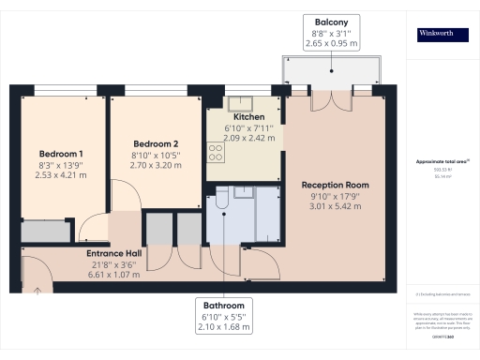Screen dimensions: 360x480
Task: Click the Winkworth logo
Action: click(x=442, y=35)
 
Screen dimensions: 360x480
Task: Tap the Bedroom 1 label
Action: click(x=61, y=153)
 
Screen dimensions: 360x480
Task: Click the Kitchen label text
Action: click(x=236, y=116)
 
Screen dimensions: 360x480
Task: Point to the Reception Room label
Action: click(x=335, y=185)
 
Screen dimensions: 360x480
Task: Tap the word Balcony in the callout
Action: click(x=331, y=22)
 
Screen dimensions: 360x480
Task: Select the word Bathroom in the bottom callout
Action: click(x=225, y=307)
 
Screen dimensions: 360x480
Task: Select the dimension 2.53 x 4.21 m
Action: click(x=61, y=174)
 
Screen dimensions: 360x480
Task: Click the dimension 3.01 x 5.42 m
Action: click(x=335, y=207)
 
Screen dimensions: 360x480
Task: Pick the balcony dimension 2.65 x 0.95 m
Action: click(x=331, y=43)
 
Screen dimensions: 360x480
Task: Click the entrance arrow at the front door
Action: click(x=37, y=290)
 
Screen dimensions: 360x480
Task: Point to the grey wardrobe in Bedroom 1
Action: click(x=46, y=232)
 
